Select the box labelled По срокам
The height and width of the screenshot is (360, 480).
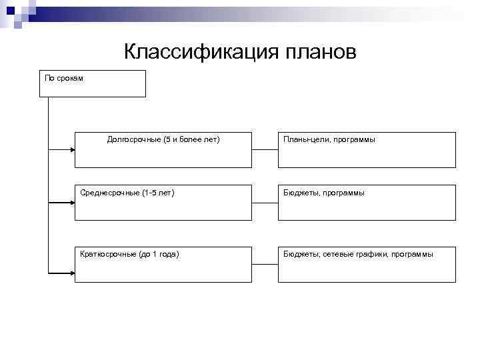[x=92, y=83]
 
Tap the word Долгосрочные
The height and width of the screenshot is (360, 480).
[x=134, y=140]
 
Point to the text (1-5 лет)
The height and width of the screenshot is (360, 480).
[x=158, y=193]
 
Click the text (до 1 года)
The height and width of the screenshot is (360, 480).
[x=161, y=254]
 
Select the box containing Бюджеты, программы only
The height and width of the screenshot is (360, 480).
[x=367, y=202]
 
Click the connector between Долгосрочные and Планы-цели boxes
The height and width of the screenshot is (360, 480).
[x=265, y=149]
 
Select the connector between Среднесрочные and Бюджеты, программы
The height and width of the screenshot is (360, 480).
[x=265, y=202]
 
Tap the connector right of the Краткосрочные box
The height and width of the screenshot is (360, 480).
[x=265, y=264]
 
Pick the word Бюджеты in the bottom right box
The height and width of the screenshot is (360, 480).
[x=301, y=254]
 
